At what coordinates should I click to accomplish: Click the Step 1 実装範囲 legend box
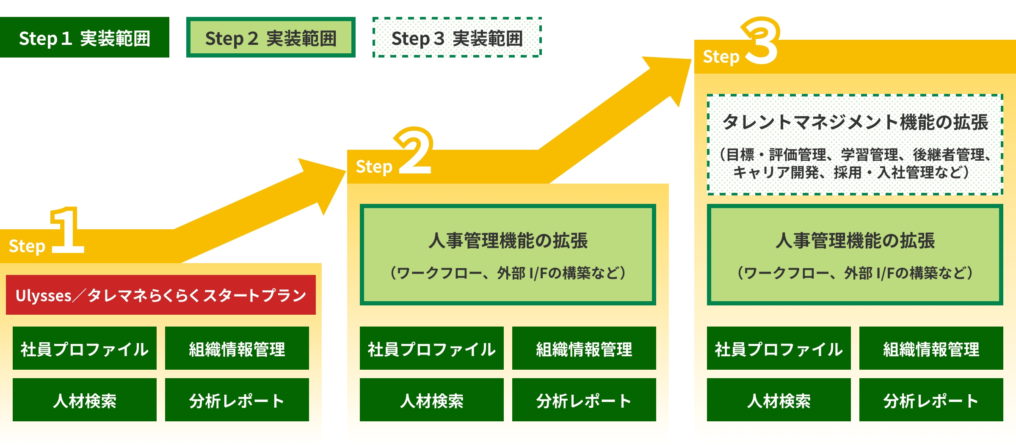pyautogui.click(x=85, y=38)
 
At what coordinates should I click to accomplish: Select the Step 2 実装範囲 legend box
pyautogui.click(x=271, y=38)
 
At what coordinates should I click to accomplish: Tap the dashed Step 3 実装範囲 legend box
pyautogui.click(x=457, y=38)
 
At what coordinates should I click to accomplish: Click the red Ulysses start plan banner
pyautogui.click(x=161, y=295)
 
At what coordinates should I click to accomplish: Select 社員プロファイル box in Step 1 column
pyautogui.click(x=85, y=348)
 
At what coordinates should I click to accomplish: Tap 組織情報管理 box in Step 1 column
pyautogui.click(x=237, y=348)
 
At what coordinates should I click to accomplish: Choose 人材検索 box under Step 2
pyautogui.click(x=432, y=400)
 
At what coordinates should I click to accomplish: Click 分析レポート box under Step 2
pyautogui.click(x=584, y=400)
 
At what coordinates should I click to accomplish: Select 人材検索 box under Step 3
pyautogui.click(x=779, y=400)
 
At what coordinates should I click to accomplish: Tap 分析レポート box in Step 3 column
pyautogui.click(x=931, y=400)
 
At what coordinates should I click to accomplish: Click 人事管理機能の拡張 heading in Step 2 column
pyautogui.click(x=508, y=240)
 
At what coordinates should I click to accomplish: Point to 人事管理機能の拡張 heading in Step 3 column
pyautogui.click(x=855, y=240)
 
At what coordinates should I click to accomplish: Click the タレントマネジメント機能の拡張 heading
pyautogui.click(x=855, y=122)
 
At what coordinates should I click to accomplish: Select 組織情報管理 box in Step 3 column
pyautogui.click(x=931, y=348)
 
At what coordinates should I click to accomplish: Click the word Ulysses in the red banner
pyautogui.click(x=44, y=296)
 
